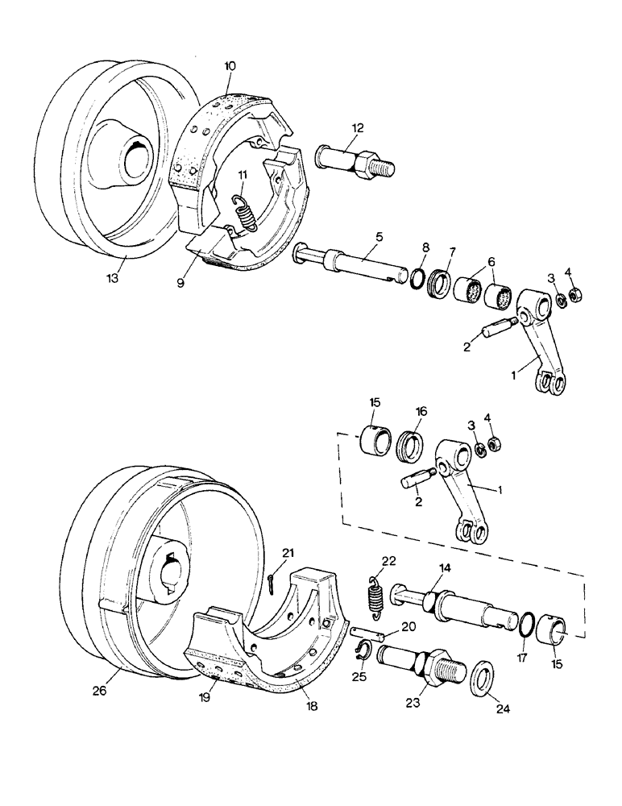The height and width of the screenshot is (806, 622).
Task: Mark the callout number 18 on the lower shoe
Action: (x=311, y=704)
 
